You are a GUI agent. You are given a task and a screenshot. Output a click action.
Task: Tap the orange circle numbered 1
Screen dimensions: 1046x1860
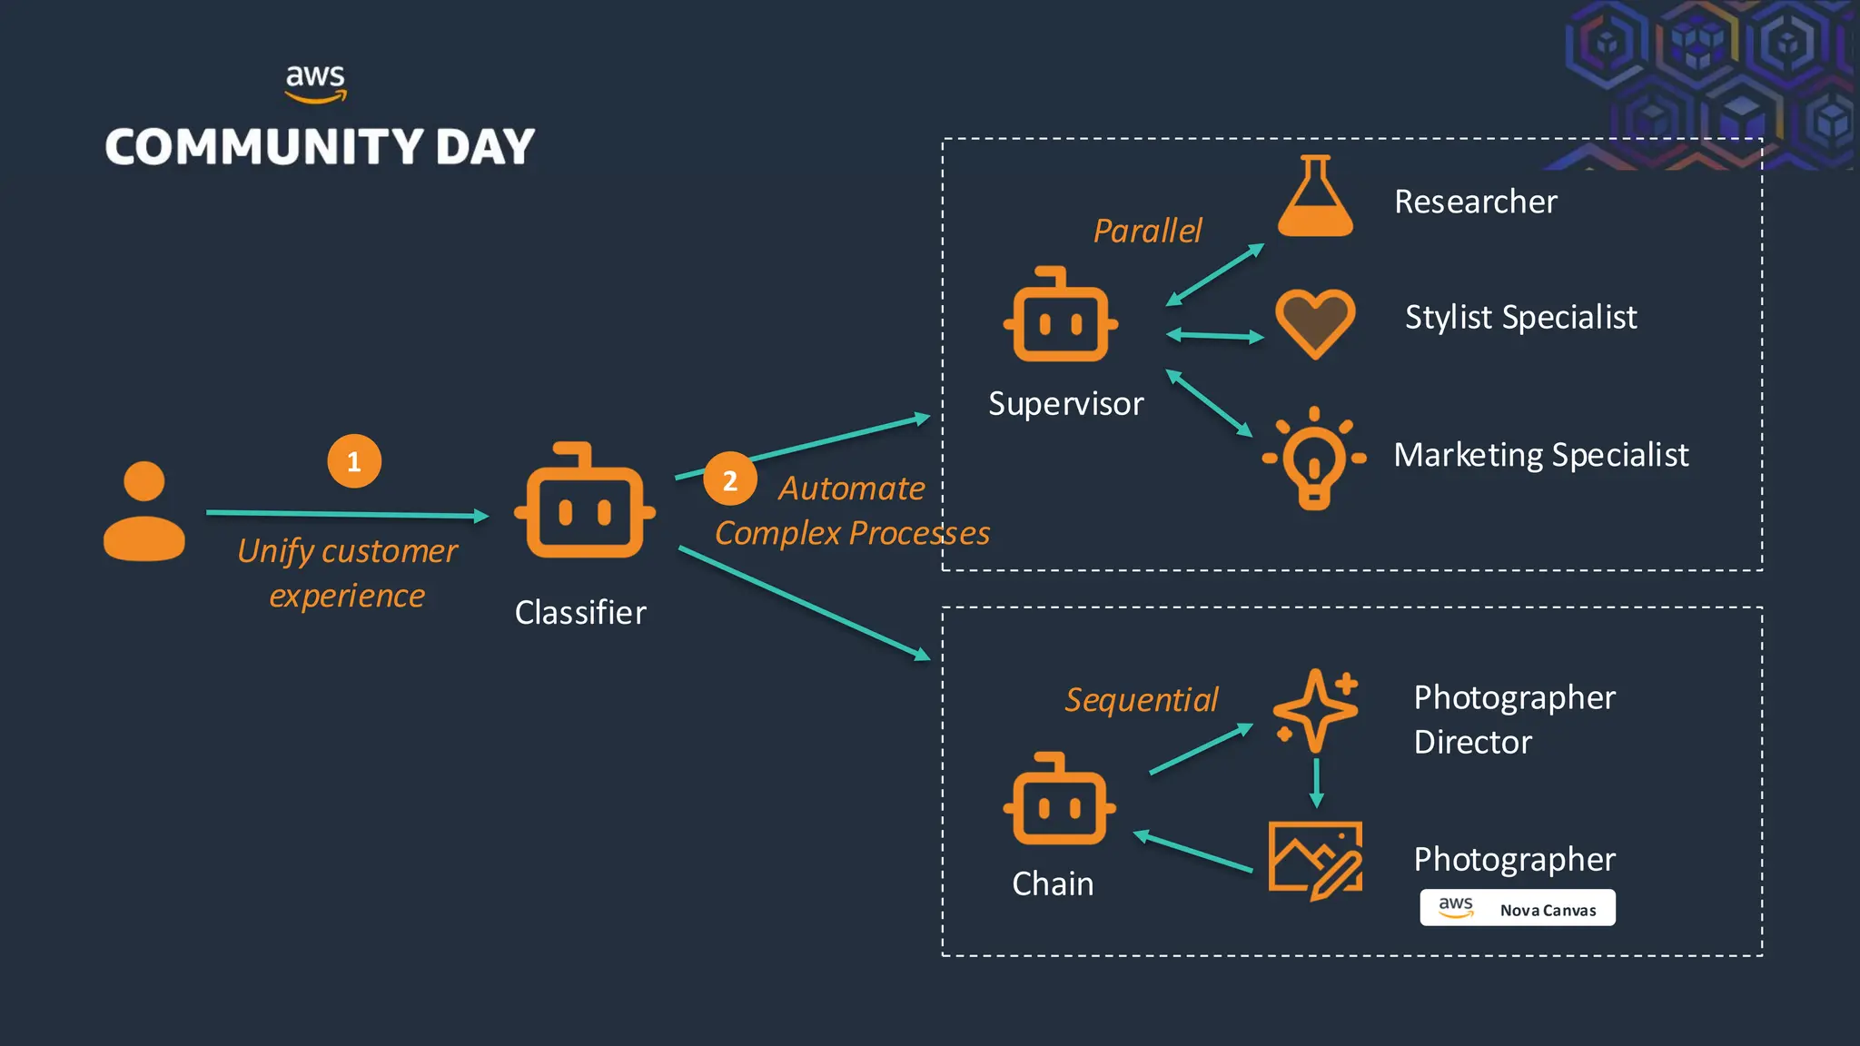pos(354,461)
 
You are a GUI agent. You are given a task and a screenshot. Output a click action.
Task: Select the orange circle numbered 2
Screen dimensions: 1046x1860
pos(729,479)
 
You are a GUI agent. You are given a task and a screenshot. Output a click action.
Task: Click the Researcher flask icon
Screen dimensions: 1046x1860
pos(1315,197)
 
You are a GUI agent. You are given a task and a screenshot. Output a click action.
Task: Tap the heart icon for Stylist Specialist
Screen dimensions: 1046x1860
pos(1314,322)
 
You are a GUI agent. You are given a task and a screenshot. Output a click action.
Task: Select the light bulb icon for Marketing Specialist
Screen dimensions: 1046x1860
pos(1313,459)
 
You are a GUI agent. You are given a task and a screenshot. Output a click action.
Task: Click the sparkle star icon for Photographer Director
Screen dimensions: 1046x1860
pos(1315,711)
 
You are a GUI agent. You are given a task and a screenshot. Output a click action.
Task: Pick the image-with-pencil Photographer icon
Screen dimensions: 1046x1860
pos(1314,860)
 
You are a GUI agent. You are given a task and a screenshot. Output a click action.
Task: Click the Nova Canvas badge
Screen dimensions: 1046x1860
pos(1517,908)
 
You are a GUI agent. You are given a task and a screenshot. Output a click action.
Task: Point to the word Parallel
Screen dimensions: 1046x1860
pos(1147,231)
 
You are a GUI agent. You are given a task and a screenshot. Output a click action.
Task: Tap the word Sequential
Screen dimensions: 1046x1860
pos(1141,699)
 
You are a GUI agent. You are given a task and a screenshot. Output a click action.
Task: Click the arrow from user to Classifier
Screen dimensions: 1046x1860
pos(347,514)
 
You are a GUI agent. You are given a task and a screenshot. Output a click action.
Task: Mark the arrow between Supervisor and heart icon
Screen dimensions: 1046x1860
pos(1214,336)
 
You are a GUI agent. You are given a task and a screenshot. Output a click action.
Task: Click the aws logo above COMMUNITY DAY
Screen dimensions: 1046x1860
pos(315,83)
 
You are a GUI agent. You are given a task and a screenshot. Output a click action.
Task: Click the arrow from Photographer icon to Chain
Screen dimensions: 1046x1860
pos(1192,852)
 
